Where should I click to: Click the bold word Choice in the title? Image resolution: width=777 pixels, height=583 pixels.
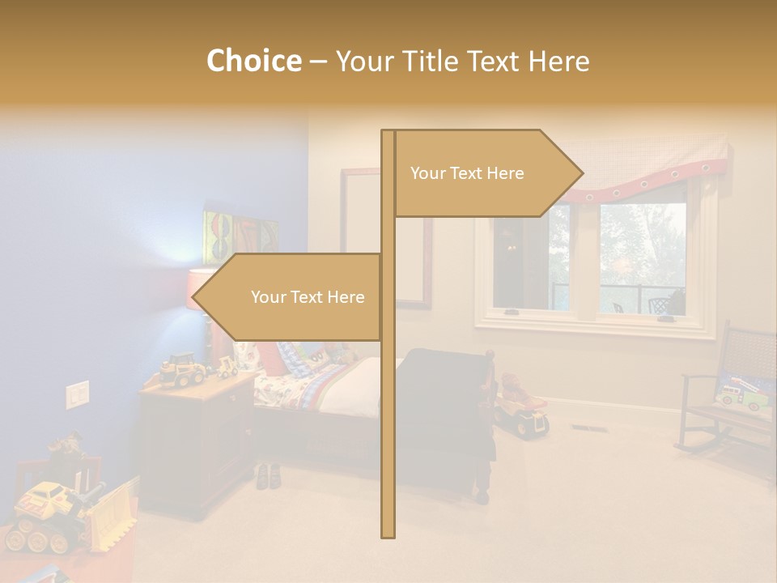[x=253, y=61]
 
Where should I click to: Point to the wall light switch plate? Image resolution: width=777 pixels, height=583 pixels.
[x=77, y=394]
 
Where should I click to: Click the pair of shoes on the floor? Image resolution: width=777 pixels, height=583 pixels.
[x=269, y=476]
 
